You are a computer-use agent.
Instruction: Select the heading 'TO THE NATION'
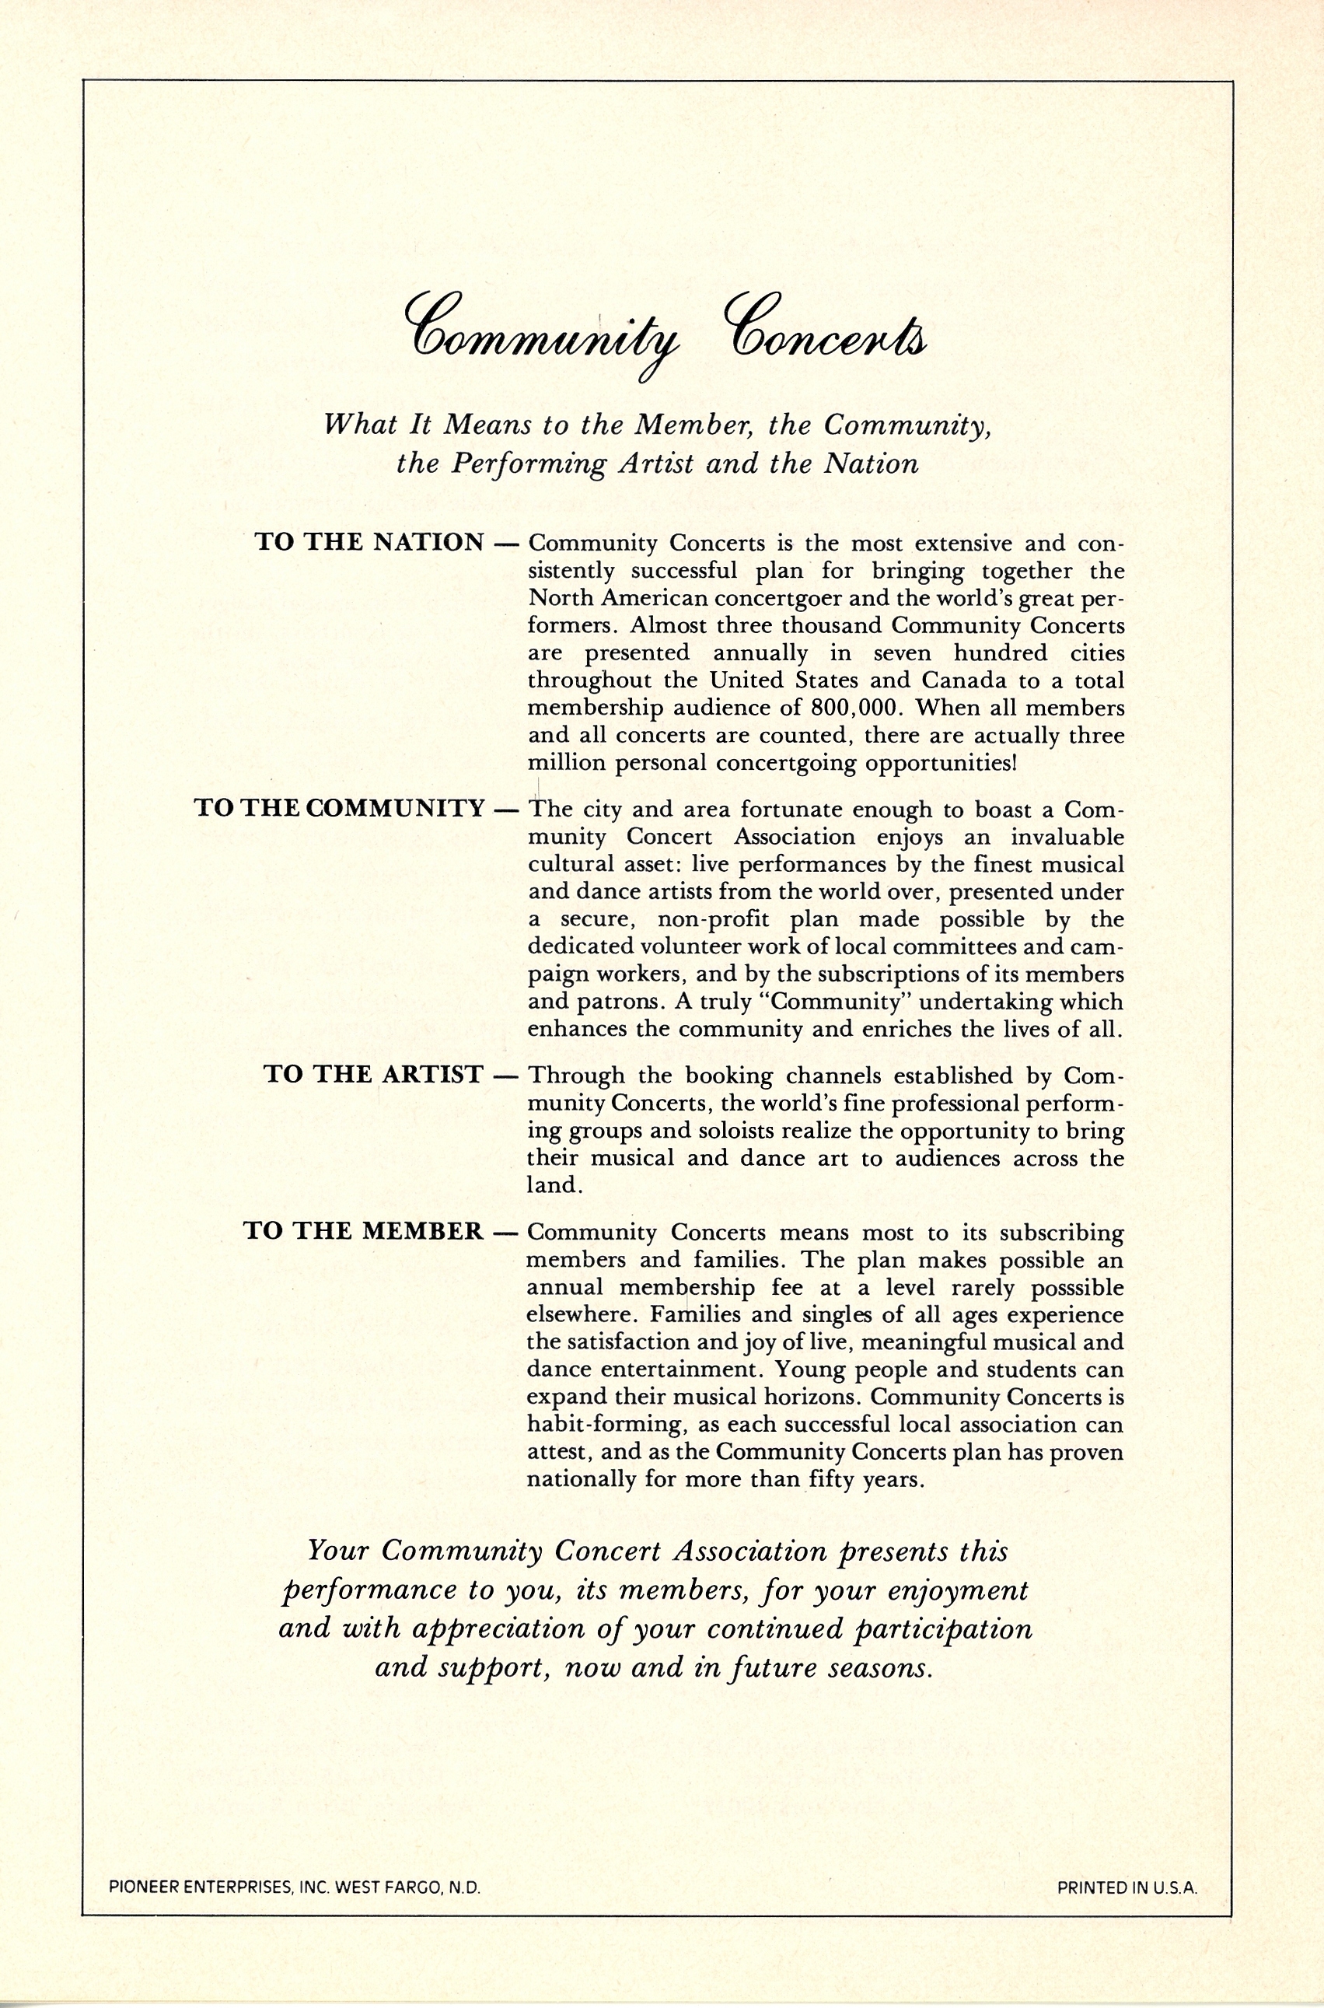370,542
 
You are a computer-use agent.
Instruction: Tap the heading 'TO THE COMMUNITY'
340,808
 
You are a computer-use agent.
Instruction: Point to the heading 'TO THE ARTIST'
373,1074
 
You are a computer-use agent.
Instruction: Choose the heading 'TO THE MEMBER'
364,1231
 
